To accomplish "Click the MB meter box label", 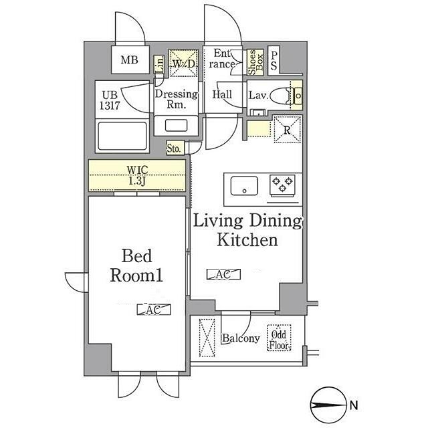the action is click(129, 60).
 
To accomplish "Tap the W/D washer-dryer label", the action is click(184, 64).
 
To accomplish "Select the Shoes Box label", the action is click(255, 62).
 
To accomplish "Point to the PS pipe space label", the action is click(274, 61).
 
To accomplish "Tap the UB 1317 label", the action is click(110, 100).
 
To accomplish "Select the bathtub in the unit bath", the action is click(122, 136).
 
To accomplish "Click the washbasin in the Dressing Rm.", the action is click(177, 126).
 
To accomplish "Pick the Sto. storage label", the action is click(174, 148).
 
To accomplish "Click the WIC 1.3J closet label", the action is click(137, 175).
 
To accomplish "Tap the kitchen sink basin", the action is click(244, 186).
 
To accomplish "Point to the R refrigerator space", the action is click(287, 129).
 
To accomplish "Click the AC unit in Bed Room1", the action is click(154, 310).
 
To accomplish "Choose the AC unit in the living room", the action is click(223, 274).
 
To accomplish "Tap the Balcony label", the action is click(241, 338).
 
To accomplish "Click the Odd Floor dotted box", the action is click(279, 338).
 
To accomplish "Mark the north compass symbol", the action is click(328, 405).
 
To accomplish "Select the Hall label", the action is click(222, 95).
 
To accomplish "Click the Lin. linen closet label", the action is click(160, 64).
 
